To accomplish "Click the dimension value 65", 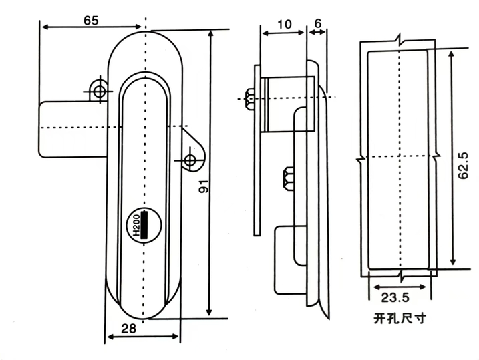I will tap(91, 20).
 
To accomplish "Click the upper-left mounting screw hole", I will tap(99, 91).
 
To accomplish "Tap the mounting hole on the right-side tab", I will tap(190, 160).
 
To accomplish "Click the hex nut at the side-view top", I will tap(250, 99).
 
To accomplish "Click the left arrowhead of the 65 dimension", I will tap(43, 27).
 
